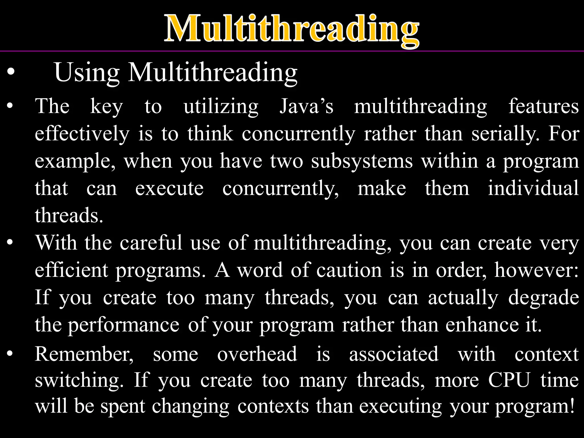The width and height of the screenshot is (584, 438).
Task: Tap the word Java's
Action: point(306,106)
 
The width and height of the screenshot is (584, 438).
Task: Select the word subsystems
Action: point(362,161)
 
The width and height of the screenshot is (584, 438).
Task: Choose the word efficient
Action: point(72,270)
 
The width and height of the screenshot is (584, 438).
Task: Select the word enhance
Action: point(482,325)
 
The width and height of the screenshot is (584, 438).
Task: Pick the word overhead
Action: point(257,354)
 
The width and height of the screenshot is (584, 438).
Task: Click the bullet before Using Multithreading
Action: point(11,72)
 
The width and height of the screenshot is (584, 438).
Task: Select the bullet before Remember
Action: point(10,354)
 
